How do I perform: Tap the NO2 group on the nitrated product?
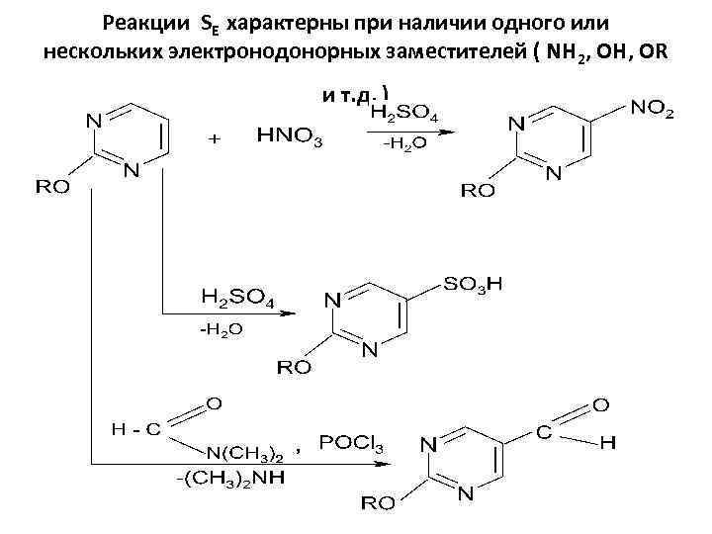(650, 109)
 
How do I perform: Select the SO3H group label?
(473, 284)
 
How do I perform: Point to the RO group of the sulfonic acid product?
(294, 367)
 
